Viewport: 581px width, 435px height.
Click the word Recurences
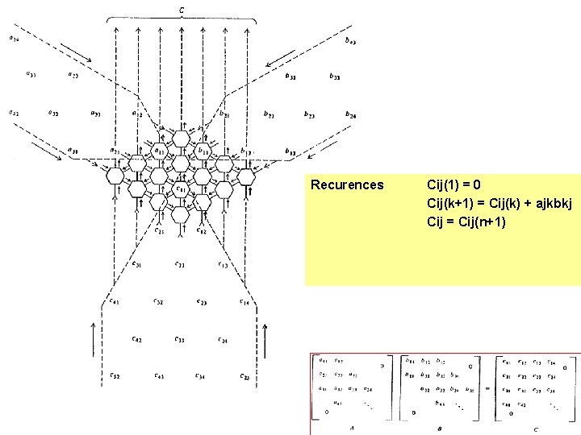coord(348,185)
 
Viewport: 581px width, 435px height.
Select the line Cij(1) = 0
coord(454,185)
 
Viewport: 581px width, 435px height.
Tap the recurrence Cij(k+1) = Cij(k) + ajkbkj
coord(499,203)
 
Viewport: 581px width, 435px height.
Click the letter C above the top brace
coord(181,10)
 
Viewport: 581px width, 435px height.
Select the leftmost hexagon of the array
coord(115,176)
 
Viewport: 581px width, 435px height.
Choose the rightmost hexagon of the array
coord(245,176)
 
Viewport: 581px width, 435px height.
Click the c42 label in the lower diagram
coord(137,340)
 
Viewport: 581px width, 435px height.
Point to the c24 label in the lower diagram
coord(224,341)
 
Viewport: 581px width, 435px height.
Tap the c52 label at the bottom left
coord(115,375)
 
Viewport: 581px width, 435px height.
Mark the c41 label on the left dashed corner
coord(115,302)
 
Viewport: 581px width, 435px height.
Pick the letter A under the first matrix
coord(353,429)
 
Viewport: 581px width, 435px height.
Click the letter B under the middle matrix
coord(440,429)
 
